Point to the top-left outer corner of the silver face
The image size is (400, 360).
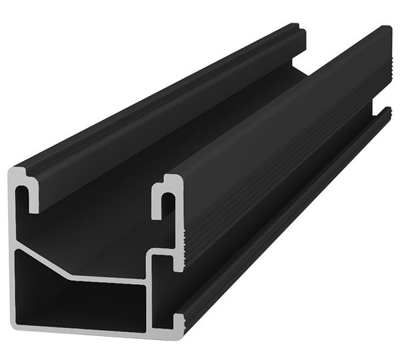pos(15,172)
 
